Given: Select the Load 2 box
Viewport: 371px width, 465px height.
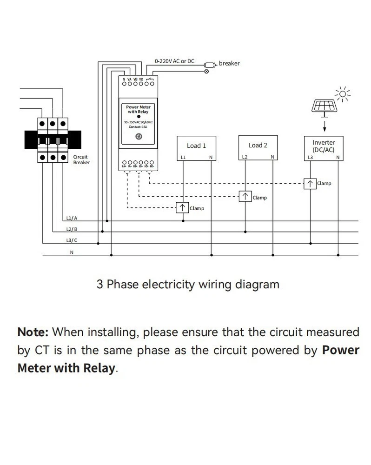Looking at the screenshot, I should click(x=258, y=148).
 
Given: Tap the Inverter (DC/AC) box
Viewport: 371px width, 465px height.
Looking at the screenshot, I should click(x=324, y=148).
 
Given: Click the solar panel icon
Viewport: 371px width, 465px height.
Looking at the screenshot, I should click(x=324, y=106).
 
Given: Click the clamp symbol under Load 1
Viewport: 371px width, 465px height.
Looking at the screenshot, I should click(x=183, y=208).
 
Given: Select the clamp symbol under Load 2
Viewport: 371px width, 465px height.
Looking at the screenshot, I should click(x=245, y=197).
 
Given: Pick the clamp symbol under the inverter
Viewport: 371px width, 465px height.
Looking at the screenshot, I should click(x=310, y=183).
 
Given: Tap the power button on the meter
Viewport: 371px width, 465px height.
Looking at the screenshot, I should click(x=138, y=136).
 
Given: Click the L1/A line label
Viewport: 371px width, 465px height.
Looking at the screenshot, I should click(x=72, y=218).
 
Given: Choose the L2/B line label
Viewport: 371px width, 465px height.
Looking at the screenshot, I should click(x=72, y=229).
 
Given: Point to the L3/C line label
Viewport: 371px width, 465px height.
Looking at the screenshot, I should click(x=72, y=240).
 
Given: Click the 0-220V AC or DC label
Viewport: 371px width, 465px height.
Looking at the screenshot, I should click(x=174, y=61).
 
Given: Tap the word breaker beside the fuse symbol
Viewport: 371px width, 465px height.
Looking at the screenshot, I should click(x=229, y=63).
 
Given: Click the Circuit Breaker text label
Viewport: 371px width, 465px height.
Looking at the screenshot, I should click(x=81, y=159).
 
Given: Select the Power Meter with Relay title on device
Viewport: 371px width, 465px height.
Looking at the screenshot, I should click(x=139, y=109).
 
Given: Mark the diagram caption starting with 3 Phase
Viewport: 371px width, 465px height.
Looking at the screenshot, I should click(x=188, y=284).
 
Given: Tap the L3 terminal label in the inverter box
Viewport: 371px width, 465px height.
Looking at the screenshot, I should click(x=311, y=158).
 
